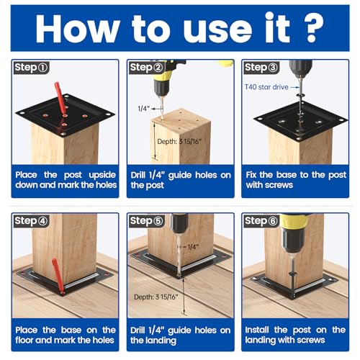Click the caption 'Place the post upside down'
coord(64,179)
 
